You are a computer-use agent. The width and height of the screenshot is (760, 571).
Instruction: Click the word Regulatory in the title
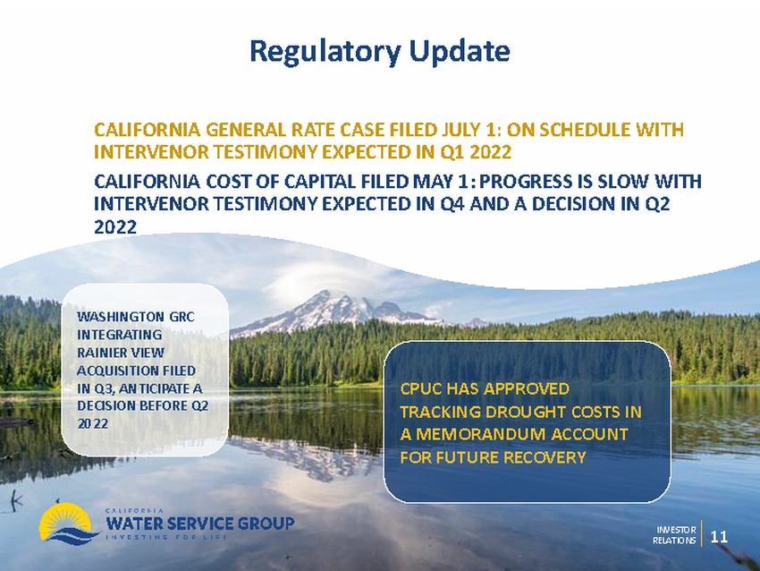(325, 51)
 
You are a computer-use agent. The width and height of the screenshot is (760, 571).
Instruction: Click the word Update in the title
(460, 50)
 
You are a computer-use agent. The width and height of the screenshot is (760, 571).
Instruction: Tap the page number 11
(719, 536)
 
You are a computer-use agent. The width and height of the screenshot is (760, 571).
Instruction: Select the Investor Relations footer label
(674, 535)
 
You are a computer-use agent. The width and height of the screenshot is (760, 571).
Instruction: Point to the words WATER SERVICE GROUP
(199, 524)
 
